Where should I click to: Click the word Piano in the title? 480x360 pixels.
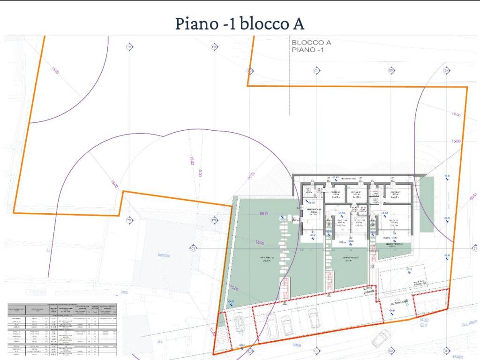coord(194,23)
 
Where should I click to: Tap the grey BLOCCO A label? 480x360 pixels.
coord(311,42)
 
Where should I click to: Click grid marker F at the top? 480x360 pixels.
coord(128,47)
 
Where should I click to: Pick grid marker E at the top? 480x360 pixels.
coord(214,47)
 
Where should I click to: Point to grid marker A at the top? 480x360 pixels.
coord(446,70)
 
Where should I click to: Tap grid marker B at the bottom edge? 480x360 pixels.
coord(390,350)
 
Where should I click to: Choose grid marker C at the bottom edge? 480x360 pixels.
coord(316,350)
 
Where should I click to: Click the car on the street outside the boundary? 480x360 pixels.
coord(381,337)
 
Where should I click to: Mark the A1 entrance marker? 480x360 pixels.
coord(285,303)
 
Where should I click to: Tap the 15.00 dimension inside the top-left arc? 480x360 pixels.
coord(54,71)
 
